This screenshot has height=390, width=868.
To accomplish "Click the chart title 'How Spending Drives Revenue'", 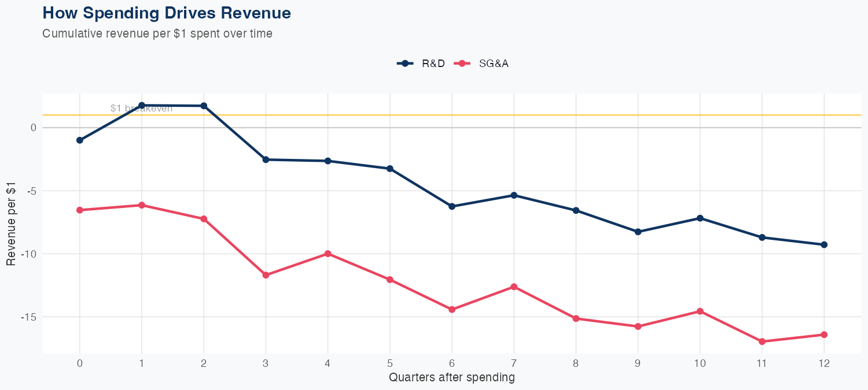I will (x=167, y=13).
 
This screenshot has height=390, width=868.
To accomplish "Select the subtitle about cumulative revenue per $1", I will (x=157, y=34).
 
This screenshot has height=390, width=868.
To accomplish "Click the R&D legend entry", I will (x=421, y=64).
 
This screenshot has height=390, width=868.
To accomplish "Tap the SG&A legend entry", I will (x=481, y=64).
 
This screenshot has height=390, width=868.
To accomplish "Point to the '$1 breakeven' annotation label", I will (x=141, y=109).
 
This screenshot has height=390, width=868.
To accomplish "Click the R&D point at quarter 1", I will (x=142, y=105).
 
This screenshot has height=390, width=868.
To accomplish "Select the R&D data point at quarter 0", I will (x=80, y=140).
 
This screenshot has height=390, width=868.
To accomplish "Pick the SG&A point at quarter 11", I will (x=762, y=341).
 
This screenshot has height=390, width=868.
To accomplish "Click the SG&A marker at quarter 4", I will (x=328, y=254).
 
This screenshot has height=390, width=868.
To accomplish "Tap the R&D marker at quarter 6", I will (x=452, y=206).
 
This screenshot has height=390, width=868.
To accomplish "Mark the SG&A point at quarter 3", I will (x=266, y=275).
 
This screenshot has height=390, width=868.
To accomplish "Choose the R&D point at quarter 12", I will (x=824, y=244).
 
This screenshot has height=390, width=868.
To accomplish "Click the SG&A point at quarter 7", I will (x=514, y=287).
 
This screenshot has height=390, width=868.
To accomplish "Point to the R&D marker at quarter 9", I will (x=638, y=232).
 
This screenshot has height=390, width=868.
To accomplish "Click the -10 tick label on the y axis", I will (x=28, y=254).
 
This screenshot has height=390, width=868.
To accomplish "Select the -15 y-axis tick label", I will (x=28, y=317).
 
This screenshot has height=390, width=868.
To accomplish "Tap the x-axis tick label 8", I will (x=576, y=363).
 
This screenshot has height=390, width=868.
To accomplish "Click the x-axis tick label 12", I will (x=824, y=363).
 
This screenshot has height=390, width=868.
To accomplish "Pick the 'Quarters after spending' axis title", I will (x=452, y=378).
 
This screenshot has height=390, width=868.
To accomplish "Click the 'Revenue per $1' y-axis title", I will (x=11, y=223).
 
